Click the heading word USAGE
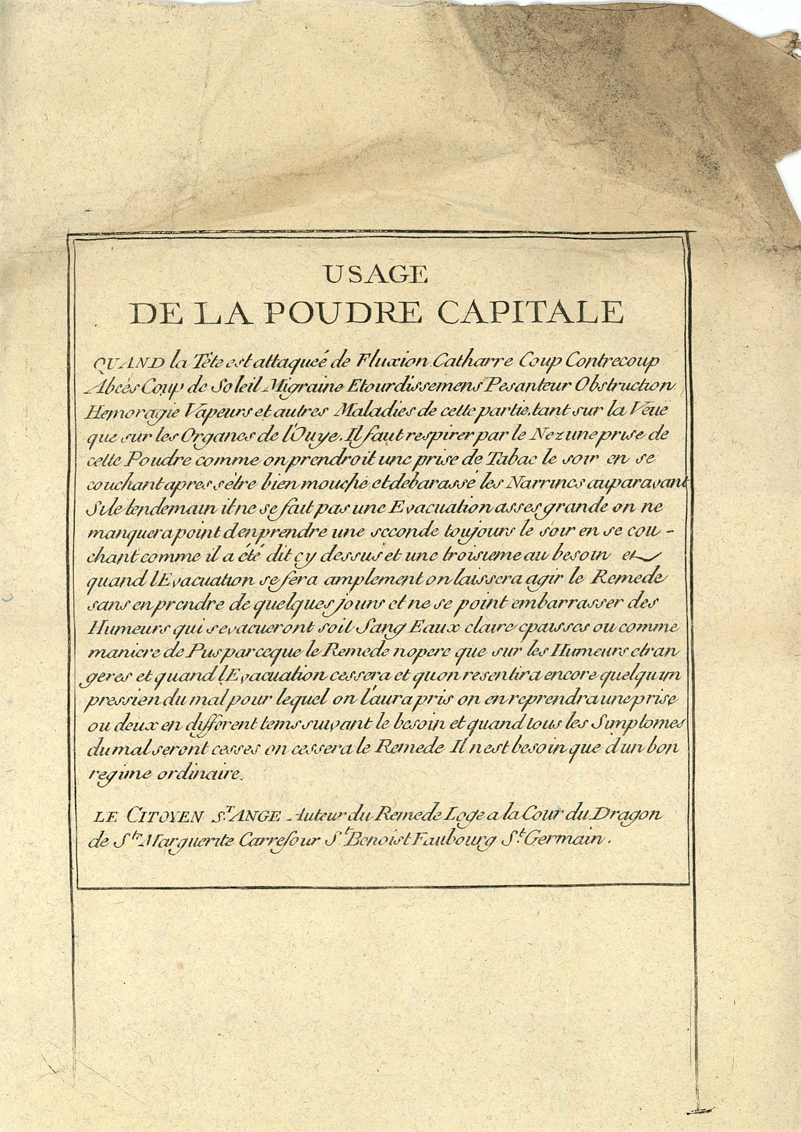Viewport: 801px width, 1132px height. pos(376,274)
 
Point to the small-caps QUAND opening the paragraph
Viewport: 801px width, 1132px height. pos(128,364)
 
